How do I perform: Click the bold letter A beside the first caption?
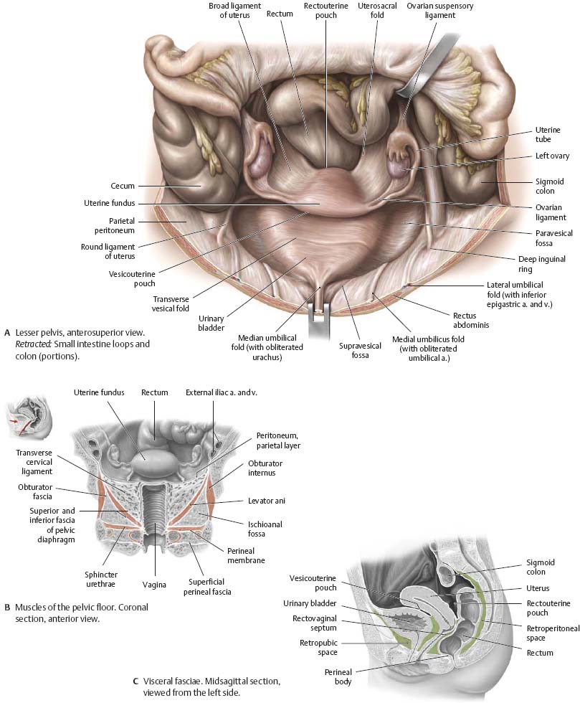point(7,333)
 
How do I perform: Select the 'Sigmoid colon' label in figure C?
point(541,567)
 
